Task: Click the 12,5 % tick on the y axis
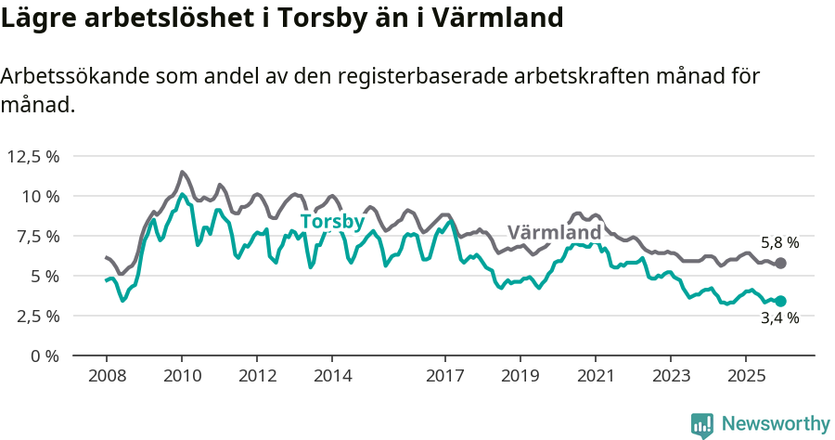pyautogui.click(x=33, y=156)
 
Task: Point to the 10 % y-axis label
pyautogui.click(x=39, y=196)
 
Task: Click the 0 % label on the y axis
pyautogui.click(x=45, y=356)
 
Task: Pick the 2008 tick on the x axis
pyautogui.click(x=106, y=376)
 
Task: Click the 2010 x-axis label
pyautogui.click(x=181, y=376)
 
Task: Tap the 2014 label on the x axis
pyautogui.click(x=332, y=376)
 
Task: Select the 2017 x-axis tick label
pyautogui.click(x=444, y=376)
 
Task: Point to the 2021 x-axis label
pyautogui.click(x=595, y=376)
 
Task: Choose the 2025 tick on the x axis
pyautogui.click(x=745, y=376)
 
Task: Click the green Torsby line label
pyautogui.click(x=332, y=222)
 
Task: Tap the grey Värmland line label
pyautogui.click(x=554, y=232)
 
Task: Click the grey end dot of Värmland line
pyautogui.click(x=780, y=264)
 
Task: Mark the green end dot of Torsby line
pyautogui.click(x=780, y=301)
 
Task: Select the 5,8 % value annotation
pyautogui.click(x=779, y=242)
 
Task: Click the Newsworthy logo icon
pyautogui.click(x=702, y=424)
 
